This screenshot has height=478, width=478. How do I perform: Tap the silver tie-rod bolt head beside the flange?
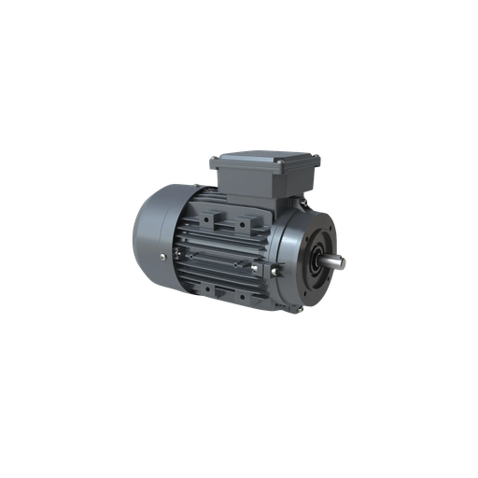(x=277, y=270)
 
